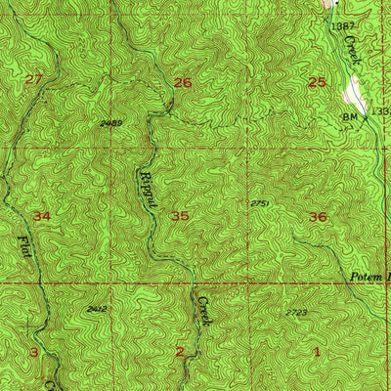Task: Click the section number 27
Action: coord(35,79)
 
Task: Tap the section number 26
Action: coord(182,83)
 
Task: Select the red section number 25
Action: coord(317,82)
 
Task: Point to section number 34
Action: coord(41,215)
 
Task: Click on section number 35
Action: coord(180,216)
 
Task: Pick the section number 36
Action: coord(318,216)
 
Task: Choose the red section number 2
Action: coord(180,351)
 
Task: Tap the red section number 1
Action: coord(317,351)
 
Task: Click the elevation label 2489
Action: coord(111,123)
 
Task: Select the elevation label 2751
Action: coord(259,202)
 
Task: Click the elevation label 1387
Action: coord(341,23)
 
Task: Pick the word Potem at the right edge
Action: coord(369,278)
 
